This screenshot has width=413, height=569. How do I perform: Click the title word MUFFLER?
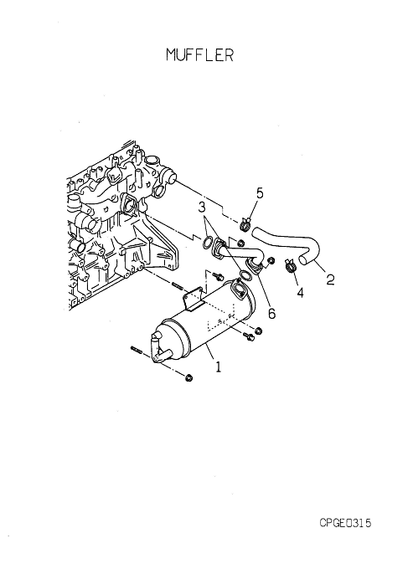point(199,54)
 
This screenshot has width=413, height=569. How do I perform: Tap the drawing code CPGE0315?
point(345,523)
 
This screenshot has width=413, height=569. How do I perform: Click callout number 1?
point(218,367)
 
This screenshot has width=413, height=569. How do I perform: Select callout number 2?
point(330,279)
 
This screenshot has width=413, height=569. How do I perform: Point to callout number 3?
point(202,208)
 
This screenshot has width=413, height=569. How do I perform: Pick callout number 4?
point(301,293)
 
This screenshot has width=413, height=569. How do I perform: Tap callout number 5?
point(260,193)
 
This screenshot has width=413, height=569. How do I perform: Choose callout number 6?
point(271,313)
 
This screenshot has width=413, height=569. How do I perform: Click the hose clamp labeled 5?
point(245,224)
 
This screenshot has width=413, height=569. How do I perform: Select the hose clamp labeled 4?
point(290,265)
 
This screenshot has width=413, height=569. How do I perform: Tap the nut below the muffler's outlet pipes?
point(188,378)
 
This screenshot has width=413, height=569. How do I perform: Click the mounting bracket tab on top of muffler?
point(194,298)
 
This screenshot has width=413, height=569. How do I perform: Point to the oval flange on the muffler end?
point(238,290)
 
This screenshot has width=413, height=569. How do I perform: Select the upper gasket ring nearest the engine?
point(208,243)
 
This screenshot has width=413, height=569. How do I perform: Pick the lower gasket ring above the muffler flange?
point(245,274)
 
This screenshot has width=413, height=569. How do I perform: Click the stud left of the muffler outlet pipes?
point(134,349)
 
